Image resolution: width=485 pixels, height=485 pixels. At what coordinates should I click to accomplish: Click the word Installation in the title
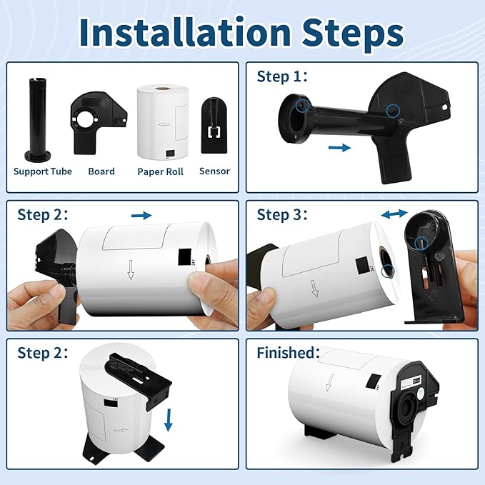tap(185, 32)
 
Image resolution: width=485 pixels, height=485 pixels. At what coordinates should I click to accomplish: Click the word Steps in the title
tap(353, 34)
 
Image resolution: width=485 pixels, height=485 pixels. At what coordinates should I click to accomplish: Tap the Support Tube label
tap(43, 171)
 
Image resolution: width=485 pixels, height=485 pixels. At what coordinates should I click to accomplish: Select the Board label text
tap(101, 171)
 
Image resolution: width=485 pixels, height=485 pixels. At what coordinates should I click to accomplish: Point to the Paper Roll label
tap(160, 171)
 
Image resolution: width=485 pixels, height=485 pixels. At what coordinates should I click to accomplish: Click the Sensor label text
tap(215, 171)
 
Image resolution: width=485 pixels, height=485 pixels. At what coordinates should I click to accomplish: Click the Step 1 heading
tap(282, 76)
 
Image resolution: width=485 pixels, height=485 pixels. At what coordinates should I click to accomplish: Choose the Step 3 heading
tap(282, 215)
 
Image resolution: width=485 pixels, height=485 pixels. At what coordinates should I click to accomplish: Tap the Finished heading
tap(288, 352)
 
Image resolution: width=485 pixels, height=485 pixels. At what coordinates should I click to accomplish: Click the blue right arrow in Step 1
tap(339, 148)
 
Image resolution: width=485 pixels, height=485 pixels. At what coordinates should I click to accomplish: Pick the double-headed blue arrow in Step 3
tap(394, 214)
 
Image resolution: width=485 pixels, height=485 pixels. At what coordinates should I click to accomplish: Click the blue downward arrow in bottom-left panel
tap(169, 420)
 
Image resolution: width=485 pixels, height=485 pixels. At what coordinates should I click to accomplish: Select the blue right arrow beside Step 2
tap(141, 215)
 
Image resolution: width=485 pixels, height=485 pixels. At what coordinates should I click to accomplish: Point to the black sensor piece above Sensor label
tap(214, 126)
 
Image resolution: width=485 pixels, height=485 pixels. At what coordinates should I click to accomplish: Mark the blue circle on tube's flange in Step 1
tap(302, 106)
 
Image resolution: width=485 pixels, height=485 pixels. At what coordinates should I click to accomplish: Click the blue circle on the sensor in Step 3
tap(421, 242)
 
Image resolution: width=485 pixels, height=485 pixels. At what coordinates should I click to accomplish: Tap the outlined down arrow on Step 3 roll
tap(314, 289)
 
